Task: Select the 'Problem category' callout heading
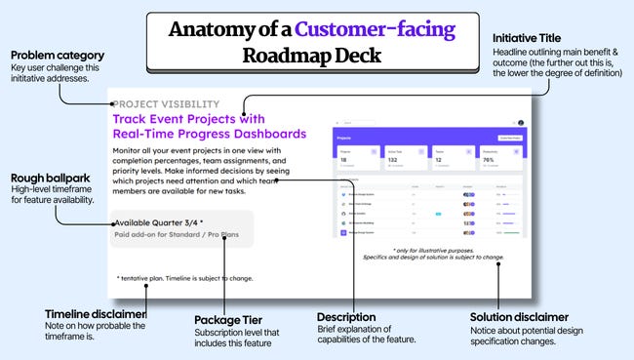click(x=58, y=56)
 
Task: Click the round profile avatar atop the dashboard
click(x=520, y=123)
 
